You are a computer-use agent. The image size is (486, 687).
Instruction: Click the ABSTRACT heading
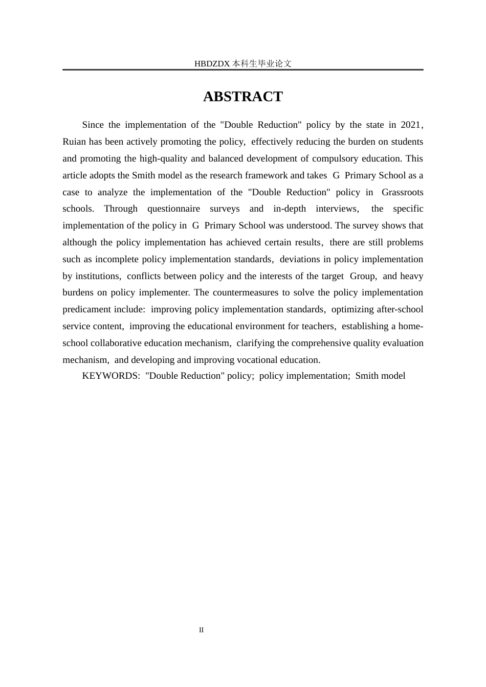point(242,97)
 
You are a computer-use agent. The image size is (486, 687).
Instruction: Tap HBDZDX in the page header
point(212,64)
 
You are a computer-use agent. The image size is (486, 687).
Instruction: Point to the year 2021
point(410,125)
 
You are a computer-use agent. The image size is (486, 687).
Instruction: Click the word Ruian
point(74,142)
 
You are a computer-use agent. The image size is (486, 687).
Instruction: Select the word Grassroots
point(402,192)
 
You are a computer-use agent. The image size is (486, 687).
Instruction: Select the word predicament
point(86,309)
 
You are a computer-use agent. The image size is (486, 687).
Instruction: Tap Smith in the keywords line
point(367,376)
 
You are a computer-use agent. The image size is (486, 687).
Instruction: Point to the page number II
point(201,630)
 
